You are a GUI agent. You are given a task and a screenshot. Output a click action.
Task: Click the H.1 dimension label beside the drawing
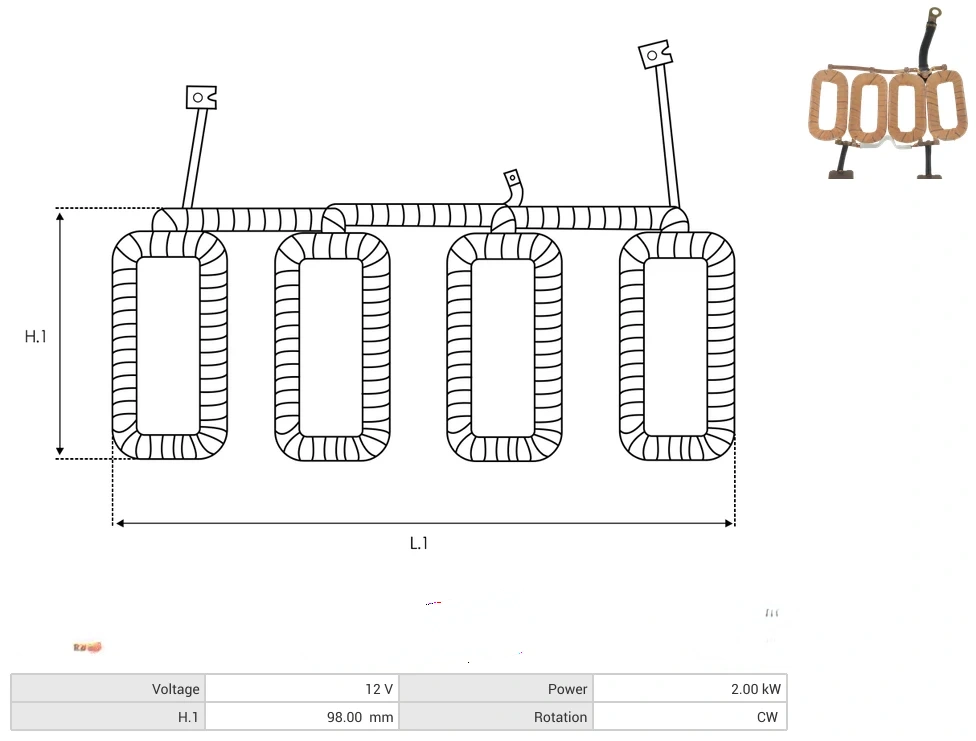click(35, 337)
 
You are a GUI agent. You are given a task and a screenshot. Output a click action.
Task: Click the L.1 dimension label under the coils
click(419, 544)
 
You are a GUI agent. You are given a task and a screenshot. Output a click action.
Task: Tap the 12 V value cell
click(303, 689)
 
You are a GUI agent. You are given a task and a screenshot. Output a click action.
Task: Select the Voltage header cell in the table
click(108, 689)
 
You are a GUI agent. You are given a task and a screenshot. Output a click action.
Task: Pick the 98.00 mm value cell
click(303, 717)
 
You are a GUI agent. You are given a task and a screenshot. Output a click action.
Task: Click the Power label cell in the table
click(497, 689)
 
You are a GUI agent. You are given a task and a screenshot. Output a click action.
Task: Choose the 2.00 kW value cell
click(690, 689)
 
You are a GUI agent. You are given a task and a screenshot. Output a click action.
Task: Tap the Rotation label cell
click(497, 717)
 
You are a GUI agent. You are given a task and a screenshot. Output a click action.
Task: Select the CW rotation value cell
click(690, 717)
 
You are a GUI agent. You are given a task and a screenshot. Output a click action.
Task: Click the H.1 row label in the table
click(108, 717)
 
